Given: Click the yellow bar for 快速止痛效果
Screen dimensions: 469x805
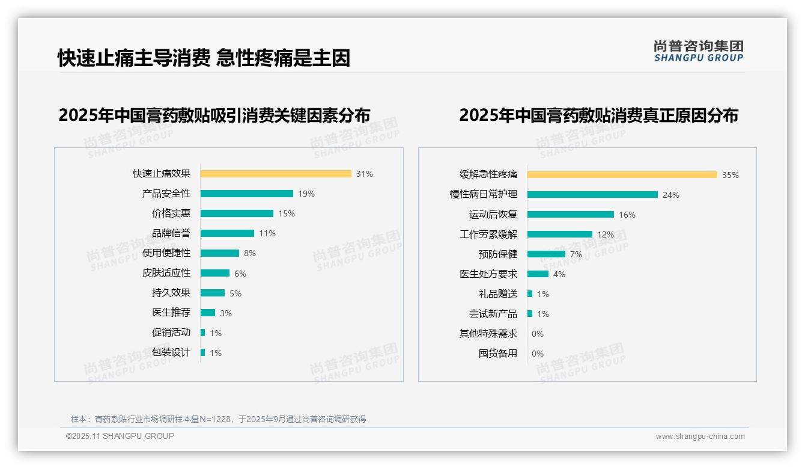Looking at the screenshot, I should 276,174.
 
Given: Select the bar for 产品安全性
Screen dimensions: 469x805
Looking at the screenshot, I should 247,194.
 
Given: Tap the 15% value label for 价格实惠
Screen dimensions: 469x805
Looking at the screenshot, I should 287,213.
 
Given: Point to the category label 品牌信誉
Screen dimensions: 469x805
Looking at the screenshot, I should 171,233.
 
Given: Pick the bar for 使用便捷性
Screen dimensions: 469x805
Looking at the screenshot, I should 220,253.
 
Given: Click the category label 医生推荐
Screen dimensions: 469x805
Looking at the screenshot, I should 171,313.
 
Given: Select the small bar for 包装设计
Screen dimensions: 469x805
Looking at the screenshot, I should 203,352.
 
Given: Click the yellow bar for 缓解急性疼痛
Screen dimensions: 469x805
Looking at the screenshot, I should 622,175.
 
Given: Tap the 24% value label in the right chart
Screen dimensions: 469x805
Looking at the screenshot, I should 671,195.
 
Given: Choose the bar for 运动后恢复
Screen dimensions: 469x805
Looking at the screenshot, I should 571,214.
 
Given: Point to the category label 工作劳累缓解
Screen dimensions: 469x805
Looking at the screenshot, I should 488,234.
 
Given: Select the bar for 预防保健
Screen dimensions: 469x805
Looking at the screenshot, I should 547,254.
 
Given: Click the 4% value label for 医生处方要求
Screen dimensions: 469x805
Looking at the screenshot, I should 559,274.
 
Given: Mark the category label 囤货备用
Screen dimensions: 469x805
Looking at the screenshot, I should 498,354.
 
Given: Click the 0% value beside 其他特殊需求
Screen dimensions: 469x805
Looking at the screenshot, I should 538,334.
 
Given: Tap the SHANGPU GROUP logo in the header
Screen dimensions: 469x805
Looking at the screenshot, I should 699,51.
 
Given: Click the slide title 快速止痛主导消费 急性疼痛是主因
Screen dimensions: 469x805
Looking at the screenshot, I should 204,58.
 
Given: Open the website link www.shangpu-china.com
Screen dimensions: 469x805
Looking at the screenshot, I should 700,437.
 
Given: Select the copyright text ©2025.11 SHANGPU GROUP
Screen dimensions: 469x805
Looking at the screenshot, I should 120,436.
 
